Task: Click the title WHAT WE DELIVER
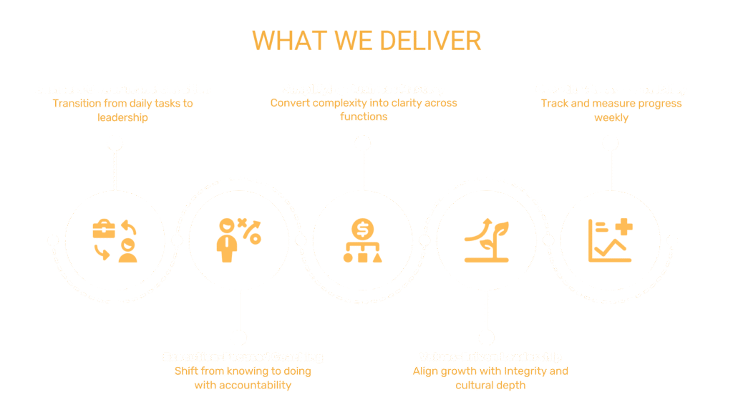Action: click(366, 40)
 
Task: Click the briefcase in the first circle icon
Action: click(104, 230)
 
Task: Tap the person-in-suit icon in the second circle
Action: click(227, 242)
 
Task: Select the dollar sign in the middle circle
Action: click(363, 228)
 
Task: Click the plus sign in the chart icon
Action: click(623, 228)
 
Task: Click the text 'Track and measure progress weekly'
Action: click(611, 110)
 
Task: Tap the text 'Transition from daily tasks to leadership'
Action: click(122, 110)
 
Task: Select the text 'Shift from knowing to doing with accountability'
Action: click(243, 378)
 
